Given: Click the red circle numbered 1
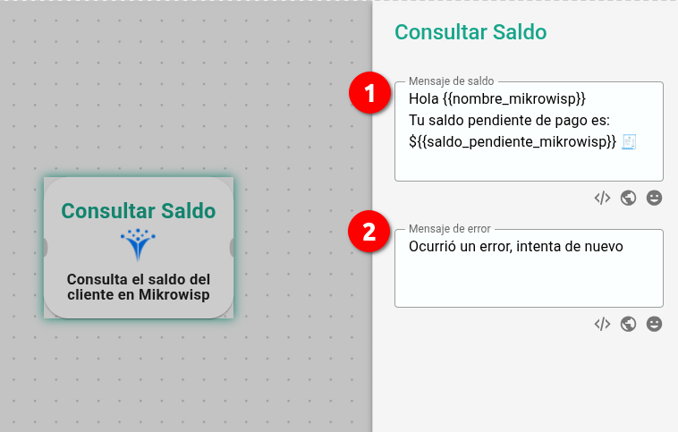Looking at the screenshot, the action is [369, 92].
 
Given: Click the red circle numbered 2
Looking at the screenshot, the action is [369, 232].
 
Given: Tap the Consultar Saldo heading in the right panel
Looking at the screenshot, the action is [470, 32].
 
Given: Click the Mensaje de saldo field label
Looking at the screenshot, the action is [452, 80].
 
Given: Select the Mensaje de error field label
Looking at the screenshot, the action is [450, 228].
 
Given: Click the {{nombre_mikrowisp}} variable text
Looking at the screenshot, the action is [514, 99].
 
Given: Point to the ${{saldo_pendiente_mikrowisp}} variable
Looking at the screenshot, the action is [513, 142].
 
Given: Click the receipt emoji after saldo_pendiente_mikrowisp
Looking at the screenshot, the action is [629, 142].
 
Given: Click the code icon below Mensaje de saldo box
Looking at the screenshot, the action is [602, 198].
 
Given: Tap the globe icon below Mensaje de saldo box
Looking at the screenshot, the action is [628, 198].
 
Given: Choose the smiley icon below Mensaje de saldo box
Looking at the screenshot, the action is [654, 198].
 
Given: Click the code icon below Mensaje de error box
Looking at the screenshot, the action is [602, 324].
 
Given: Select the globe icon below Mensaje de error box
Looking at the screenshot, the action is [628, 324].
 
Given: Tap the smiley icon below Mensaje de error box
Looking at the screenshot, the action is [654, 324].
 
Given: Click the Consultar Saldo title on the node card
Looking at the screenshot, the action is [139, 211].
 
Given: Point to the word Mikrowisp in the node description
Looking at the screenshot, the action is [174, 295].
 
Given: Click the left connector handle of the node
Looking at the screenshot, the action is [45, 248].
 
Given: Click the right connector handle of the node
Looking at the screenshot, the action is [232, 248].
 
